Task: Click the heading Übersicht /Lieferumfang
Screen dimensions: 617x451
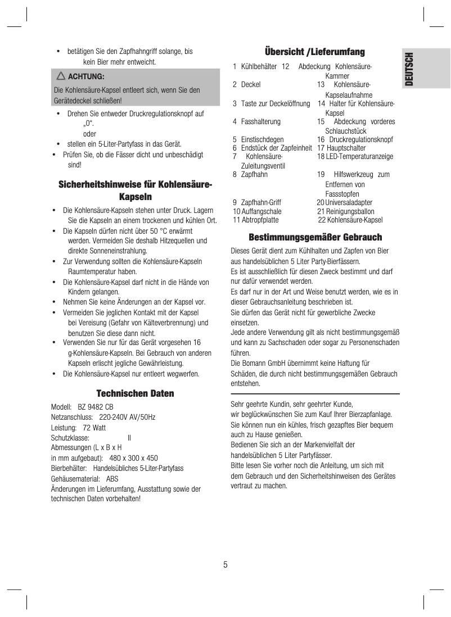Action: coord(315,52)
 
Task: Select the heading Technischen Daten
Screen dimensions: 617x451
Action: coord(135,393)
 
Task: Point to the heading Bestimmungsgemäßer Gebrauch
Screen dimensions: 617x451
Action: coord(315,237)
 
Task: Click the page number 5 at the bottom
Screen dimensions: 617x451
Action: coord(225,564)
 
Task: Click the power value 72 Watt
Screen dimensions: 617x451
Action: coord(94,428)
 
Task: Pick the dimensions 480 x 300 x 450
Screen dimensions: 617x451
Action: coord(133,458)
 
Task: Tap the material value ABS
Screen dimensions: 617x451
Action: coord(112,479)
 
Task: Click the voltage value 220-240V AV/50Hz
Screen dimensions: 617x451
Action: coord(127,418)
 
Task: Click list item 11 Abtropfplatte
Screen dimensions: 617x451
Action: coord(256,220)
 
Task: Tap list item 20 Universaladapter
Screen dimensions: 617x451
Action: coord(344,202)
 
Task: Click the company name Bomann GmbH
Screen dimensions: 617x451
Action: coord(268,364)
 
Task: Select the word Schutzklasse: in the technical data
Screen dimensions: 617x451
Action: coord(70,438)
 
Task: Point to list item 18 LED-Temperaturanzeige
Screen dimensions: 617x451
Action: coord(355,156)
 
